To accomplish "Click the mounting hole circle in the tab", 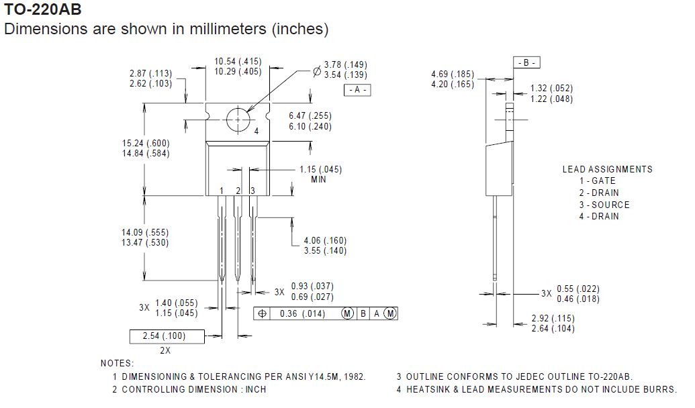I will pyautogui.click(x=238, y=120).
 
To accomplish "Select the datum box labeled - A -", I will pyautogui.click(x=357, y=90).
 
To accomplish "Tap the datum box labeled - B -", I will pyautogui.click(x=526, y=62).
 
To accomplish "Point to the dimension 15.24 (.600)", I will pyautogui.click(x=145, y=143).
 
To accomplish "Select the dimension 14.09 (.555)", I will pyautogui.click(x=145, y=232).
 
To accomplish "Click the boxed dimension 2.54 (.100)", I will pyautogui.click(x=164, y=336).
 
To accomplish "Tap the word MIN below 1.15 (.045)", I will pyautogui.click(x=319, y=180).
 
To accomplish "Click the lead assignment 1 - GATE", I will pyautogui.click(x=598, y=181).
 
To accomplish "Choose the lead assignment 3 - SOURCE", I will pyautogui.click(x=604, y=205).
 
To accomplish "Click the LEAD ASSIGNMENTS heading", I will pyautogui.click(x=607, y=169).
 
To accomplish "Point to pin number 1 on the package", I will pyautogui.click(x=221, y=191).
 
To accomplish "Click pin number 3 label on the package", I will pyautogui.click(x=252, y=191).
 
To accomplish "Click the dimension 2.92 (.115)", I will pyautogui.click(x=553, y=318).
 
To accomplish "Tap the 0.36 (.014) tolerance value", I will pyautogui.click(x=302, y=313).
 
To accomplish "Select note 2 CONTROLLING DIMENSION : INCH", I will pyautogui.click(x=189, y=389).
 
